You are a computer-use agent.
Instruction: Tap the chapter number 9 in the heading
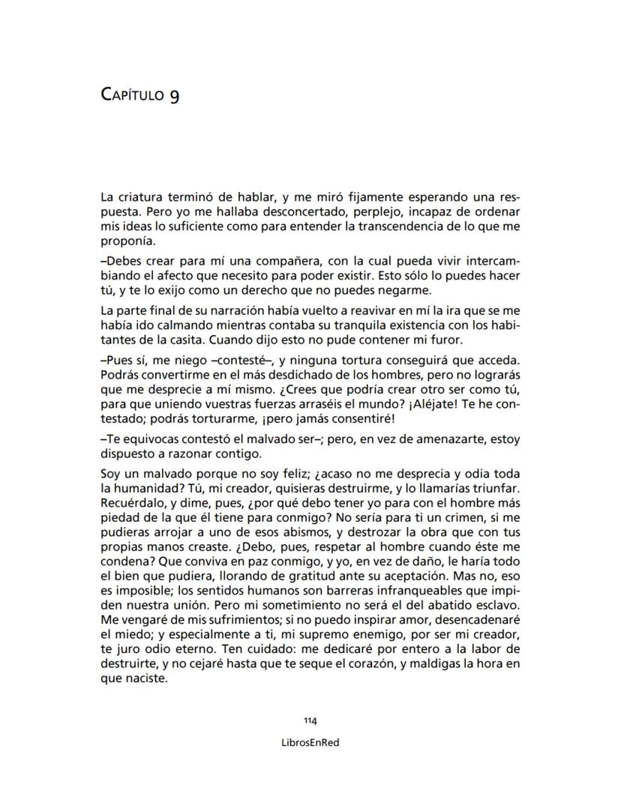coord(174,97)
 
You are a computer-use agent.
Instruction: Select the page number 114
coord(310,721)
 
